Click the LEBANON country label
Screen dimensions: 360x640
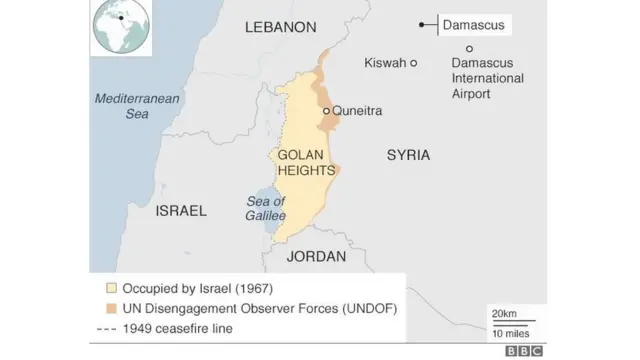click(280, 27)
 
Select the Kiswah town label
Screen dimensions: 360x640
click(385, 62)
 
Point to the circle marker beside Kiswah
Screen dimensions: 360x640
click(414, 62)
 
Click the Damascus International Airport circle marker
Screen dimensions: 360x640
click(469, 48)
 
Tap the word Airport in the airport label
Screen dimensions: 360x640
click(471, 94)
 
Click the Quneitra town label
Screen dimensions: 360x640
click(357, 111)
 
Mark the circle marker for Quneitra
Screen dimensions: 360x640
click(327, 111)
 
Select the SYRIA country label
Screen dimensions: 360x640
click(408, 155)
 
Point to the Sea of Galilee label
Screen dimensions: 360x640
click(266, 208)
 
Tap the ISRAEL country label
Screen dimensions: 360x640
click(181, 211)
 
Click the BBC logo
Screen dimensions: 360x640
click(523, 350)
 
